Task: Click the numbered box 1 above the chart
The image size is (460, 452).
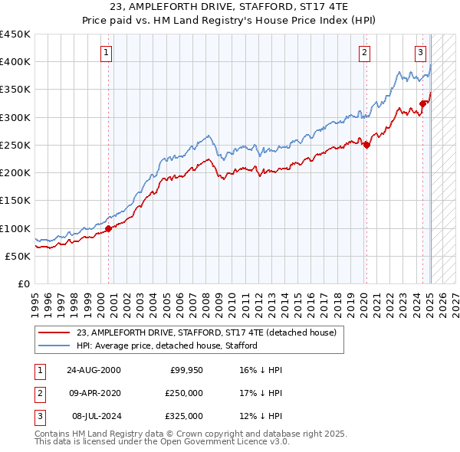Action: click(x=106, y=53)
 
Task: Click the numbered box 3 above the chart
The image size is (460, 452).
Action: click(x=421, y=53)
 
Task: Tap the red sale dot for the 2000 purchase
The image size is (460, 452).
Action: click(x=109, y=228)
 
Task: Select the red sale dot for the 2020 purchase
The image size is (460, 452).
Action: click(x=366, y=145)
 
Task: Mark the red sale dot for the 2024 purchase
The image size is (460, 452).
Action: click(x=422, y=103)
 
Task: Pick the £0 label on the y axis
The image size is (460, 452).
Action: click(x=25, y=283)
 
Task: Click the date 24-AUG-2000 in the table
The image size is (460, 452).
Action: click(x=94, y=370)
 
